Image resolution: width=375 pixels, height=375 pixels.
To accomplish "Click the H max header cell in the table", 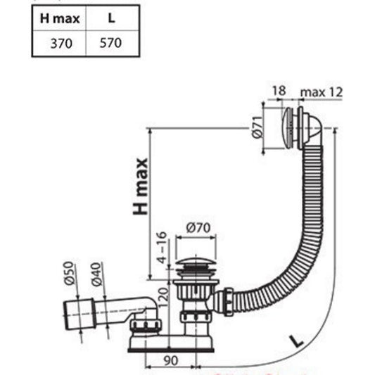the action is click(x=60, y=19).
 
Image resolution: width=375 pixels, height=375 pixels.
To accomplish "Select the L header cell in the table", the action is click(x=111, y=18).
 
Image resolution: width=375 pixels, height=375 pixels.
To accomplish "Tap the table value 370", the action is click(x=61, y=44).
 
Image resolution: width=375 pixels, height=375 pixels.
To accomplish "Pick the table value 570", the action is click(x=110, y=43).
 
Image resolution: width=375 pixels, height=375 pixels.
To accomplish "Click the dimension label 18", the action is click(x=279, y=91).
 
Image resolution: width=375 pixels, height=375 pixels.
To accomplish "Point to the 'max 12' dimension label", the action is click(x=322, y=92).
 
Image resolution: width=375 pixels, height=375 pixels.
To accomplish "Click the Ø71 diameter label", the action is click(x=257, y=127).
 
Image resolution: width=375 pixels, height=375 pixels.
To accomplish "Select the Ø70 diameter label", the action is click(x=198, y=228).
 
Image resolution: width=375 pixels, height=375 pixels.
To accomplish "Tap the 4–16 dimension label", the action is click(x=162, y=248).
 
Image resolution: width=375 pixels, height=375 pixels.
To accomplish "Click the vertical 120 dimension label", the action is click(x=163, y=298).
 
